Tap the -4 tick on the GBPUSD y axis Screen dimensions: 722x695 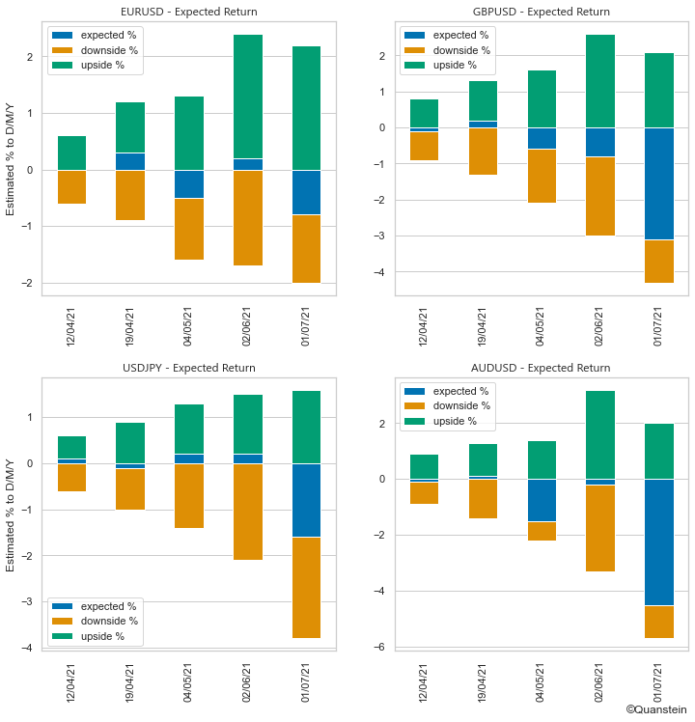[383, 272]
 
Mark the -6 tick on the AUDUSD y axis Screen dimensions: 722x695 [383, 647]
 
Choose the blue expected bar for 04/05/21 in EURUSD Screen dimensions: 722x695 [188, 183]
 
